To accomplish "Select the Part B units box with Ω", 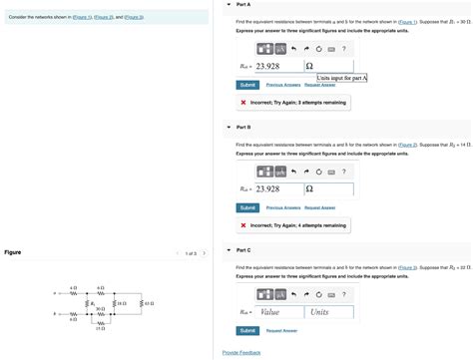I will (x=326, y=188).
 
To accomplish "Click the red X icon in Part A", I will (x=243, y=102).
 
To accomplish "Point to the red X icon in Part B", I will (x=243, y=224).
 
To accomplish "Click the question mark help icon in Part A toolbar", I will (x=343, y=48).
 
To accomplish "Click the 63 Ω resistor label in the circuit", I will (x=147, y=302).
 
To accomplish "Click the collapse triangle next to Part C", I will (x=229, y=249).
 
